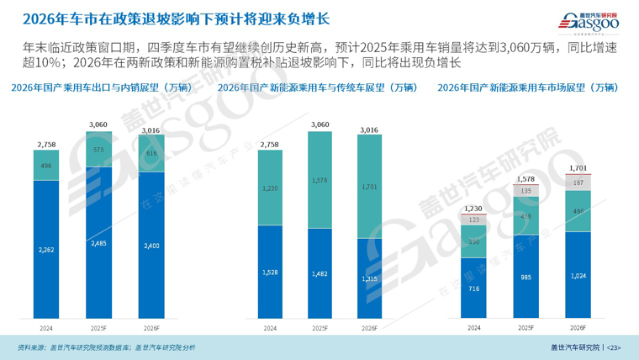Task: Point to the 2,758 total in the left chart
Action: [45, 145]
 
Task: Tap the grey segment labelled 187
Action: [578, 182]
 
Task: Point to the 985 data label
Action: [526, 278]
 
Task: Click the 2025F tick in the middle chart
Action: [319, 328]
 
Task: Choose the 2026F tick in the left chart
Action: [152, 328]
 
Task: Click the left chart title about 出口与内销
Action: [101, 87]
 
